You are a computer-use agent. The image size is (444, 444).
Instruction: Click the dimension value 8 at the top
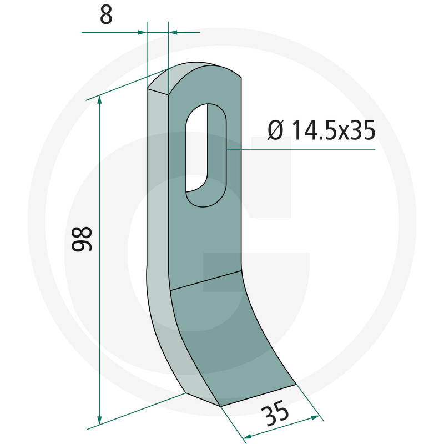pyautogui.click(x=106, y=15)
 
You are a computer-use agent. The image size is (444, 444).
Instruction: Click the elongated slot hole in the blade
pyautogui.click(x=206, y=155)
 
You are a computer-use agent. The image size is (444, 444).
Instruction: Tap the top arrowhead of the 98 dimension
pyautogui.click(x=100, y=100)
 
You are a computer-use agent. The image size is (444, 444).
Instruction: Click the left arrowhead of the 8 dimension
pyautogui.click(x=141, y=32)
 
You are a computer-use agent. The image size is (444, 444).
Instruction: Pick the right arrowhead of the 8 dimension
pyautogui.click(x=173, y=32)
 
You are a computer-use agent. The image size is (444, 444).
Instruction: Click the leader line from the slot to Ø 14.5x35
pyautogui.click(x=300, y=149)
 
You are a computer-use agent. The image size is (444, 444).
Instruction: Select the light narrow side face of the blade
pyautogui.click(x=158, y=222)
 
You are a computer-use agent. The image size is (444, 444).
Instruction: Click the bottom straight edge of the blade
pyautogui.click(x=258, y=395)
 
